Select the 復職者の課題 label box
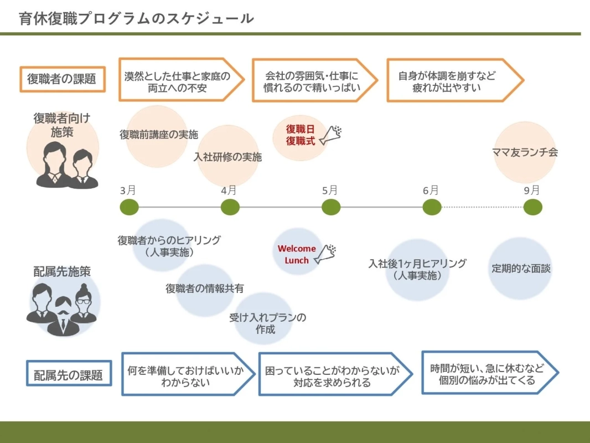(62, 79)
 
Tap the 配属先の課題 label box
(69, 374)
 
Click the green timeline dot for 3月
(129, 207)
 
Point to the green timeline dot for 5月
(331, 207)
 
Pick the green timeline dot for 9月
(532, 207)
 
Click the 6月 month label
(431, 190)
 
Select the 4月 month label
(229, 190)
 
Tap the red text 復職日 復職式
(301, 135)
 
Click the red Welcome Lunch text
(297, 254)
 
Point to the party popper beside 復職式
(330, 135)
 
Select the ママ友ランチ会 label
(524, 152)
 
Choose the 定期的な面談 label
(521, 269)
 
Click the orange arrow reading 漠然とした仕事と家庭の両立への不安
(180, 80)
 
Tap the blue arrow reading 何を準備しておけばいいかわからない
(186, 374)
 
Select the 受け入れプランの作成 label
(267, 323)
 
